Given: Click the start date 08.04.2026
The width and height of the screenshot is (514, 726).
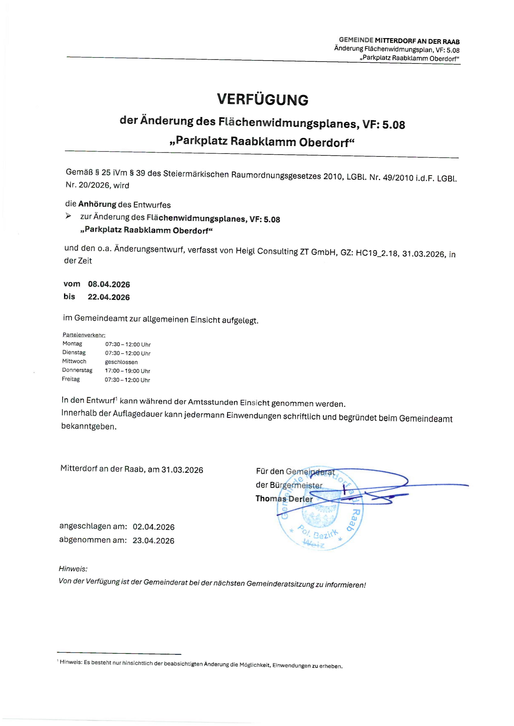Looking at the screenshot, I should [x=109, y=284].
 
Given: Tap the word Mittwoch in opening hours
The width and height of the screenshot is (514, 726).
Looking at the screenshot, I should [x=74, y=361].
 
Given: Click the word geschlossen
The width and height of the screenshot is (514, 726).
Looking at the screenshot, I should [x=121, y=362].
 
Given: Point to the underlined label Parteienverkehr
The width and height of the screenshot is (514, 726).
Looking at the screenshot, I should [x=84, y=335].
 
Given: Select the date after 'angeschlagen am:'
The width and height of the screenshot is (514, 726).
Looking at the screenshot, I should [x=154, y=527].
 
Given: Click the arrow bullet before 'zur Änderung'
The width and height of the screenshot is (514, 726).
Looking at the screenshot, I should [x=68, y=216].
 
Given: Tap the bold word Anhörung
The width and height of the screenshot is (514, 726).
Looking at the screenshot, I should [x=97, y=204].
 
